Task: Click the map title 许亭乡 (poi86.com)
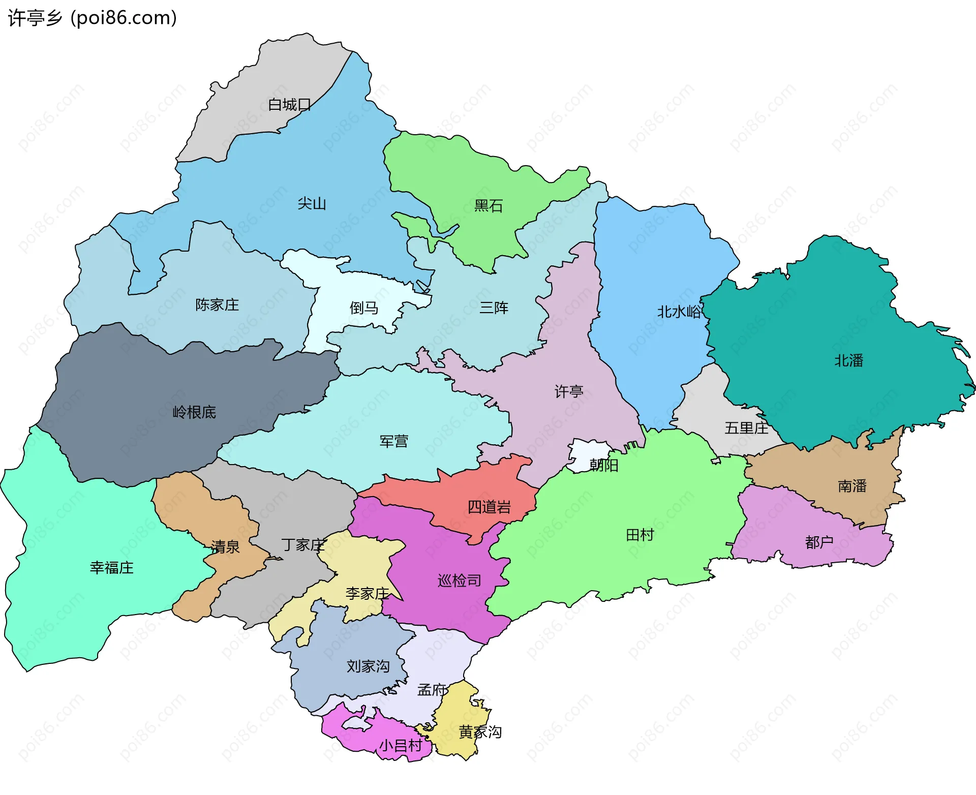pyautogui.click(x=93, y=18)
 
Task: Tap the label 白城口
pyautogui.click(x=289, y=105)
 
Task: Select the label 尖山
pyautogui.click(x=312, y=204)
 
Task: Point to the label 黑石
pyautogui.click(x=488, y=206)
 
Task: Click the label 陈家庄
pyautogui.click(x=217, y=305)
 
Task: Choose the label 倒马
pyautogui.click(x=363, y=308)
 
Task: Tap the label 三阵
pyautogui.click(x=494, y=308)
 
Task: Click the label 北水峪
pyautogui.click(x=679, y=312)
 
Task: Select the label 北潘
pyautogui.click(x=848, y=361)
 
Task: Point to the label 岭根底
pyautogui.click(x=194, y=412)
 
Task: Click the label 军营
pyautogui.click(x=393, y=441)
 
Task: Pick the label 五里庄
pyautogui.click(x=746, y=428)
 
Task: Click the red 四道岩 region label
pyautogui.click(x=489, y=507)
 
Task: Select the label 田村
pyautogui.click(x=639, y=535)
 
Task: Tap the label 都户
pyautogui.click(x=819, y=542)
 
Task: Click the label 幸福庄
pyautogui.click(x=111, y=568)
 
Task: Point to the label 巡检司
pyautogui.click(x=459, y=580)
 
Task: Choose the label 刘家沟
pyautogui.click(x=368, y=666)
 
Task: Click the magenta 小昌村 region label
pyautogui.click(x=401, y=746)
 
